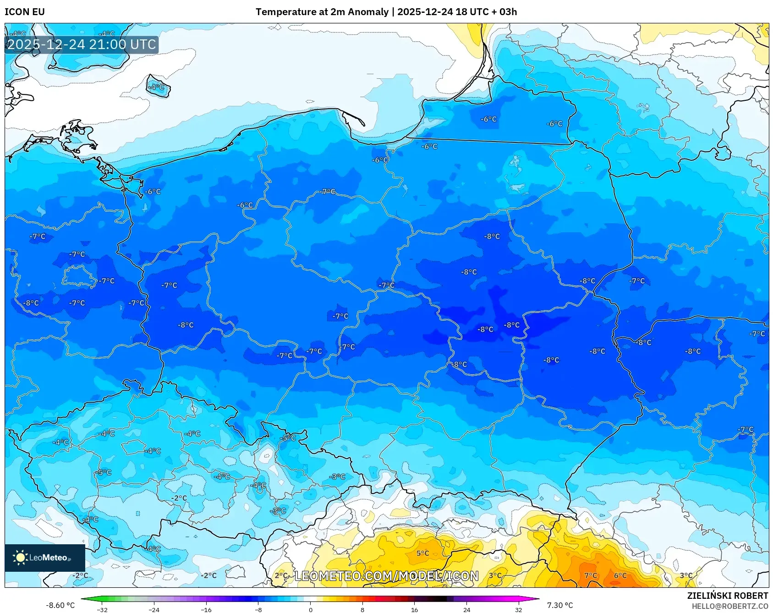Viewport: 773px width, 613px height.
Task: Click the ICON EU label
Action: (x=25, y=12)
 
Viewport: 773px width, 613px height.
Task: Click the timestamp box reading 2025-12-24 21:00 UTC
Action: (x=82, y=45)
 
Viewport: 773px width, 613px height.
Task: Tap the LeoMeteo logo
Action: (x=44, y=558)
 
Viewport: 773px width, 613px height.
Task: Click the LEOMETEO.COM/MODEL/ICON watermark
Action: (x=386, y=576)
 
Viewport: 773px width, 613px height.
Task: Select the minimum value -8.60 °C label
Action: (x=60, y=605)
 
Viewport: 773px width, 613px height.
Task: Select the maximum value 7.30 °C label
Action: (x=559, y=605)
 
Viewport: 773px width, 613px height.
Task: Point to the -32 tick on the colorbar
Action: (x=102, y=609)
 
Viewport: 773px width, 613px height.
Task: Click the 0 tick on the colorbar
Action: (x=311, y=609)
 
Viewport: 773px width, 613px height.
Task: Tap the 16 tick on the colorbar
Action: (x=414, y=609)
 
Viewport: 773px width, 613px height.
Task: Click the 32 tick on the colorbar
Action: (x=518, y=609)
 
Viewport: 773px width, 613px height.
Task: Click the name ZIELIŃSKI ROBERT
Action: (x=727, y=596)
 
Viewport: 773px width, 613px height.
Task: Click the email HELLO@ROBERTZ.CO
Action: (x=729, y=606)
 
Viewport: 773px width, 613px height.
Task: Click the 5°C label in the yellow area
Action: (x=422, y=553)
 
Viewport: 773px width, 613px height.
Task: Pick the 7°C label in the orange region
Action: (x=590, y=575)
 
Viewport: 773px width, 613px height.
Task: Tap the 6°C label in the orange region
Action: (x=620, y=575)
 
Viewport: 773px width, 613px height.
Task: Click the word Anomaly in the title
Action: (x=368, y=12)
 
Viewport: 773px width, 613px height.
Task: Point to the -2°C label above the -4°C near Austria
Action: (x=179, y=498)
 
